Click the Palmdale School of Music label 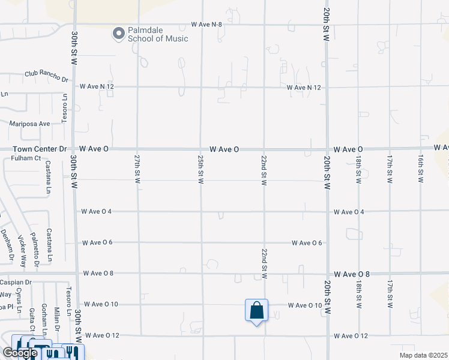pos(157,34)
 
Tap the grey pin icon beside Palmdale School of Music pos(118,34)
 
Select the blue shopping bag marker pos(256,311)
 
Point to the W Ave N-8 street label pos(206,24)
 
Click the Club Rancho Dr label pos(46,76)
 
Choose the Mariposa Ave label pos(29,124)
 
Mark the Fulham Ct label pos(26,158)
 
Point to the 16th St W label pos(421,170)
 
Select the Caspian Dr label pos(16,282)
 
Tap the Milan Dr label pos(57,317)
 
